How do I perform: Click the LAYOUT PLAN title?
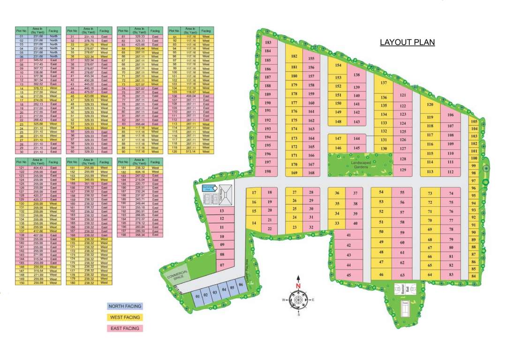click(x=407, y=42)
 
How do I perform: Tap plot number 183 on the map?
click(x=269, y=42)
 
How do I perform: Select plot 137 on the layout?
click(x=384, y=83)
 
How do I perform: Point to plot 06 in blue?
click(x=241, y=285)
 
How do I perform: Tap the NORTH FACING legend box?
click(x=125, y=306)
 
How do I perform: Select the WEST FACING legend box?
click(x=125, y=317)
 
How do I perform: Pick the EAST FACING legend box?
click(x=125, y=329)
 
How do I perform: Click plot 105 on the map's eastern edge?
click(x=474, y=121)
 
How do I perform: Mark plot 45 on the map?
click(x=348, y=275)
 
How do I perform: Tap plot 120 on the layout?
click(x=430, y=105)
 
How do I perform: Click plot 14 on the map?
click(x=254, y=223)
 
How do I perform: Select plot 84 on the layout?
click(x=474, y=277)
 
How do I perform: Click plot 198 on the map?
click(x=268, y=171)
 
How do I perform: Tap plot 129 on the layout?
click(x=402, y=170)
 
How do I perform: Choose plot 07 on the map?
click(x=222, y=265)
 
